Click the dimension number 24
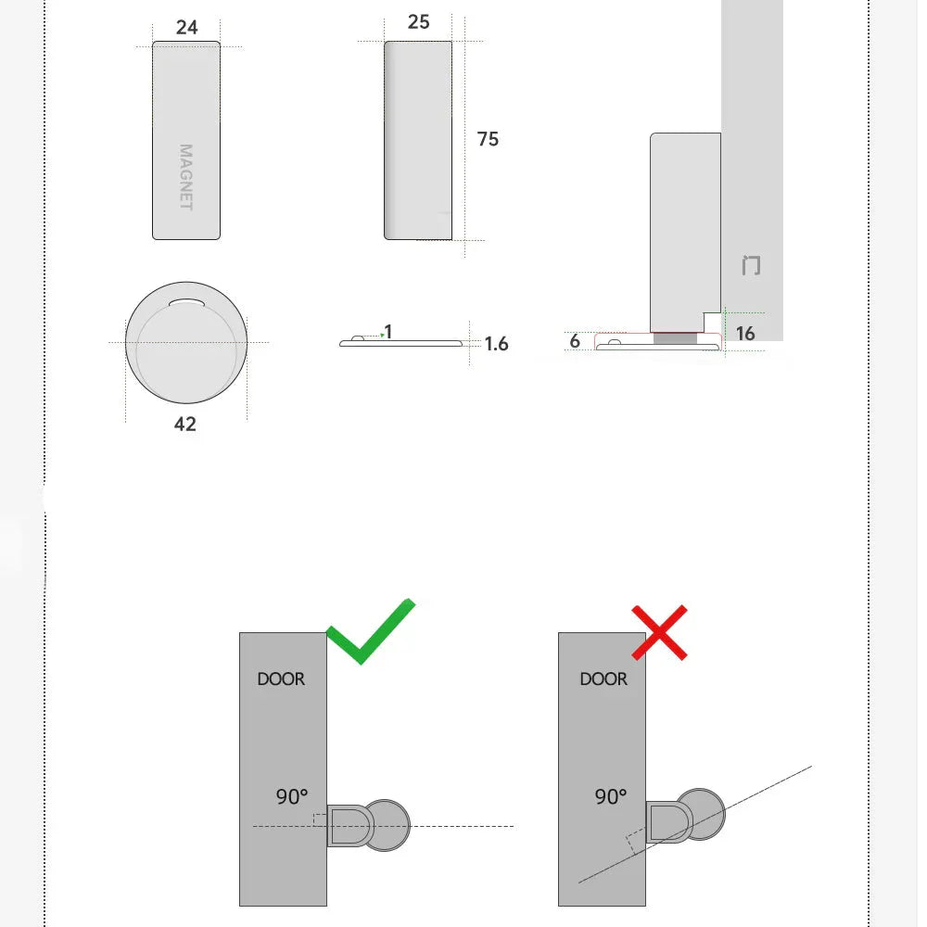click(186, 27)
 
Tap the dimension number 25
click(418, 21)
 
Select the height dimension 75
click(488, 139)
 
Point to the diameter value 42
click(185, 424)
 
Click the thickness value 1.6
click(497, 344)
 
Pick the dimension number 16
click(745, 333)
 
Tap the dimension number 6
click(575, 341)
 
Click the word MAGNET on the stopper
click(186, 177)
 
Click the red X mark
click(659, 632)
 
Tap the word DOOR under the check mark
click(281, 679)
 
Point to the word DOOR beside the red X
click(603, 679)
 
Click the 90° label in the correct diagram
click(292, 795)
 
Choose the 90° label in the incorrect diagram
click(611, 795)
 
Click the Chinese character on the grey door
click(751, 266)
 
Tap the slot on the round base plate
click(188, 301)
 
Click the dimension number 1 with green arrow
click(387, 332)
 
